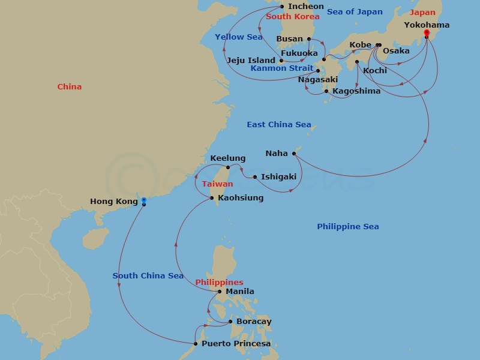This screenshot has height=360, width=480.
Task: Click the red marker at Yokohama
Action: pos(426,33)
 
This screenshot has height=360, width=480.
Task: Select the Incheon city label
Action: pos(305,7)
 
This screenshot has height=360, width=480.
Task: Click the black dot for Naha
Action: pos(294,154)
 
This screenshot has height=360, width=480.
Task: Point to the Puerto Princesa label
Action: pos(236,344)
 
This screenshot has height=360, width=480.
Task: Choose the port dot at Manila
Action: pos(220,292)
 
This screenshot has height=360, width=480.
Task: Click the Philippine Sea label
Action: pos(347,227)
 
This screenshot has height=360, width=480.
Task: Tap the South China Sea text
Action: pos(148,276)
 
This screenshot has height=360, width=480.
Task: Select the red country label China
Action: pos(70,87)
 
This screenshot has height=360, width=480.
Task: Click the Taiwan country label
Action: pos(217,185)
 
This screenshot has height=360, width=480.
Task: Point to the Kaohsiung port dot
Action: pos(212,198)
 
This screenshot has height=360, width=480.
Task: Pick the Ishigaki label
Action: pos(279,177)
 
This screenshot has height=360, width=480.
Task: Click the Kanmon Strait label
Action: pos(281,68)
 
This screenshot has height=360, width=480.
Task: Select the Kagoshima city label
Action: pos(356,91)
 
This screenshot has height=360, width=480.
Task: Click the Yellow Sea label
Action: pos(239,37)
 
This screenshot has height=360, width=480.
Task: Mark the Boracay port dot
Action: pos(230,322)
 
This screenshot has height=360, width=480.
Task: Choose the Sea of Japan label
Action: pos(355,12)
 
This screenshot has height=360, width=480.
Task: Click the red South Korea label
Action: pos(293,17)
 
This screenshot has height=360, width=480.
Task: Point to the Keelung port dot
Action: pos(228,168)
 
